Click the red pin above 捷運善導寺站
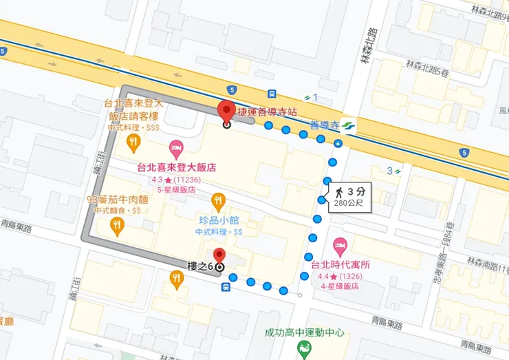click(226, 110)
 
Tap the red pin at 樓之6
click(219, 256)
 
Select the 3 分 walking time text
click(356, 191)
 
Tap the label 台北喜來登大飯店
click(177, 167)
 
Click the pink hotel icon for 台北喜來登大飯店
click(176, 147)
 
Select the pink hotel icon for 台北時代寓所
click(339, 244)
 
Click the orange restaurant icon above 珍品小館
click(218, 201)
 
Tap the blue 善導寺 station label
click(325, 125)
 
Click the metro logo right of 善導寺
click(349, 125)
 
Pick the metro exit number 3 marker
click(393, 170)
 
